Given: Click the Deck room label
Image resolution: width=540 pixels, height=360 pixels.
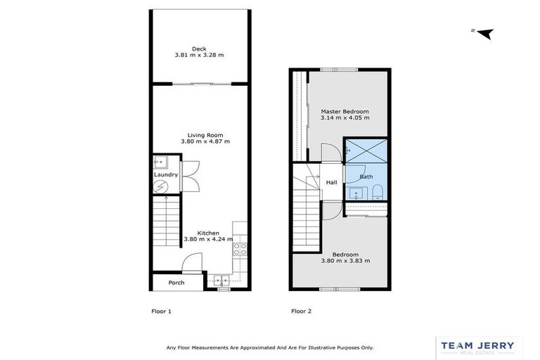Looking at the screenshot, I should [199, 49].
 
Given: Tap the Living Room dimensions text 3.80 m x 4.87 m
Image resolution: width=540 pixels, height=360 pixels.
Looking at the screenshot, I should [205, 141].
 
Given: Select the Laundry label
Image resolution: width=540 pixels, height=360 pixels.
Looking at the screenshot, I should [166, 174].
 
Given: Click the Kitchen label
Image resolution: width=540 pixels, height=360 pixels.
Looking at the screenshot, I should [207, 233].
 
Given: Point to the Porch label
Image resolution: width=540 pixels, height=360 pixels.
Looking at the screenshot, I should [176, 283].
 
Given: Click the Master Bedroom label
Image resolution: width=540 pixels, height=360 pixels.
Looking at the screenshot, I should [345, 112].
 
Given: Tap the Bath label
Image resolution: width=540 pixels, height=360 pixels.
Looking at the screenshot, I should [366, 176].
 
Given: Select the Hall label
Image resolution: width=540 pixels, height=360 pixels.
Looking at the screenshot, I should [331, 183].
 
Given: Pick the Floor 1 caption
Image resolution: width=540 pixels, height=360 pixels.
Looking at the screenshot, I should [162, 310].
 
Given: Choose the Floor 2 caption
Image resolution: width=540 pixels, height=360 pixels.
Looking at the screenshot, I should [302, 310].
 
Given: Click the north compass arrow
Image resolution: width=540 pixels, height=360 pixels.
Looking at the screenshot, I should [484, 33].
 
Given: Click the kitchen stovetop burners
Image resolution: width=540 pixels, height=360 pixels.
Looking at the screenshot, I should [240, 250].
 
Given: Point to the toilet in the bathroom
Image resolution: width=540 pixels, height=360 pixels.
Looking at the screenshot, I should [377, 191].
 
